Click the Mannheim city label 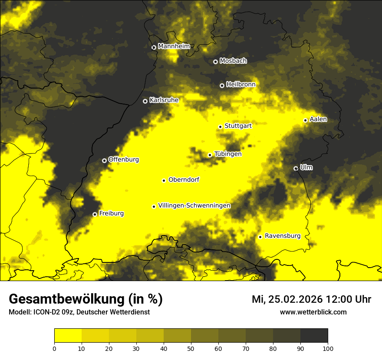tap(174, 46)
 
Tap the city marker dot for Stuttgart tap(221, 127)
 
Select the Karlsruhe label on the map tap(164, 100)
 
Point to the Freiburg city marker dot tap(95, 214)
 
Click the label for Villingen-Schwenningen tap(194, 206)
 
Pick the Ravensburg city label tap(283, 236)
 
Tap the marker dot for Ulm tap(296, 168)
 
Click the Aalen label tap(318, 119)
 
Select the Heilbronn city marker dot tap(222, 85)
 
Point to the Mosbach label tap(233, 61)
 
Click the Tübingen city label tap(228, 154)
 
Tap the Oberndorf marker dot tap(164, 180)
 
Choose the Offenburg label tap(124, 160)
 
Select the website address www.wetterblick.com tap(313, 312)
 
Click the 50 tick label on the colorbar tap(191, 348)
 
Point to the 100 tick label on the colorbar tap(327, 348)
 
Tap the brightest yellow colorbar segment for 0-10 tap(68, 336)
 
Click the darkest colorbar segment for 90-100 tap(314, 336)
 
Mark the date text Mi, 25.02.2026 tap(287, 299)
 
